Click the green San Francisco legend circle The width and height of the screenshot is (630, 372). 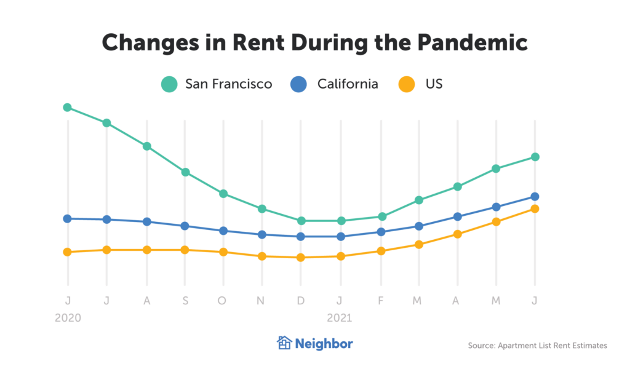tap(169, 84)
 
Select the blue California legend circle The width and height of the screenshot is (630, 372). tap(299, 84)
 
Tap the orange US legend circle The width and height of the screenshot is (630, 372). tap(407, 84)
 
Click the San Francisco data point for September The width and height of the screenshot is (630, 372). tap(185, 172)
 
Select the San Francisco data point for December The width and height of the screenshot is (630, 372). tap(301, 221)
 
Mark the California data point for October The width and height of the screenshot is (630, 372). tap(223, 231)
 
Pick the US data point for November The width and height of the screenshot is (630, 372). tap(262, 256)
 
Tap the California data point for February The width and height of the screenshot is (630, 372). tap(381, 232)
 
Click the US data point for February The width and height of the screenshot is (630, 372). tap(381, 251)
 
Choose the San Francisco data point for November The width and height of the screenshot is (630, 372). tap(262, 209)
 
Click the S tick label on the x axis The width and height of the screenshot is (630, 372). tap(185, 300)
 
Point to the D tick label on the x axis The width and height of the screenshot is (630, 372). tap(301, 300)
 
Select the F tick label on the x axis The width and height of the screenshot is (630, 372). tap(381, 300)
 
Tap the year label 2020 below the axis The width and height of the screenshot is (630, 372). tap(68, 318)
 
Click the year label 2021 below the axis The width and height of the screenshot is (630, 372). tap(340, 318)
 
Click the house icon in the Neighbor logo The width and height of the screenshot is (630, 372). tap(284, 343)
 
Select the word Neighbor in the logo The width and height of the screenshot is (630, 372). tap(324, 344)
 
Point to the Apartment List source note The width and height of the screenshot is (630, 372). tap(537, 346)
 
